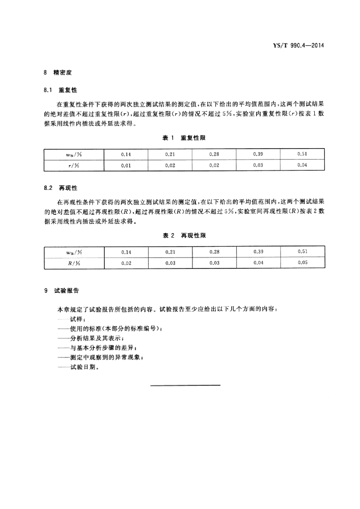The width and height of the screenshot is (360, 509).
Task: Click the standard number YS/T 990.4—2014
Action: [298, 46]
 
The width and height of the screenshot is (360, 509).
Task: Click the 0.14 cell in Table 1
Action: [126, 155]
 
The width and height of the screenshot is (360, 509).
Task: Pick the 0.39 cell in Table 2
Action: [258, 252]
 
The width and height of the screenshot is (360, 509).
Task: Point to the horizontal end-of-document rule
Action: [185, 385]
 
